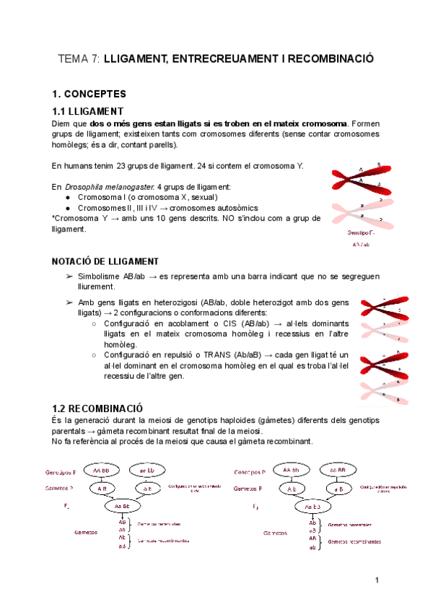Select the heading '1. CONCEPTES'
[89, 95]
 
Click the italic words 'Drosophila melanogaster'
[109, 187]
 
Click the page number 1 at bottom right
[377, 581]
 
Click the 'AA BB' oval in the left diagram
[100, 470]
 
